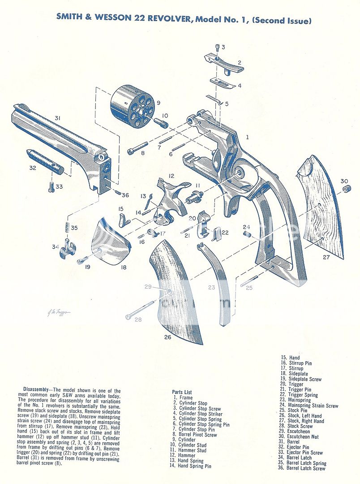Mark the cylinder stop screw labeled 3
217,47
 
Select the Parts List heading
182,392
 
